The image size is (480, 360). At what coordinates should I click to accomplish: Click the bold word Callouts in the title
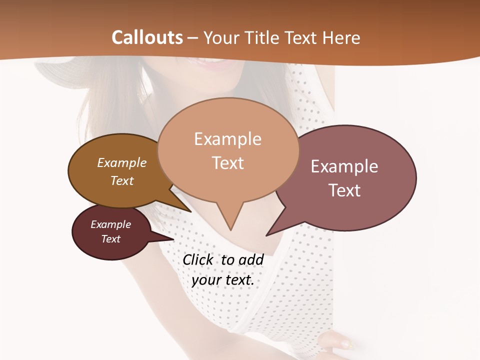pyautogui.click(x=147, y=37)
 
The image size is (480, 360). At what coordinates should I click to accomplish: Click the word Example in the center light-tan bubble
pyautogui.click(x=227, y=139)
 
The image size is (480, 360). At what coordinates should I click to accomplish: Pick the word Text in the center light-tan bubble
pyautogui.click(x=227, y=162)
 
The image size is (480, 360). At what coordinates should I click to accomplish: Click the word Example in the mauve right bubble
pyautogui.click(x=344, y=166)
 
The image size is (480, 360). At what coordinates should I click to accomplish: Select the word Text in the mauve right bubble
pyautogui.click(x=344, y=190)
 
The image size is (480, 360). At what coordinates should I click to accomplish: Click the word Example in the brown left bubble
pyautogui.click(x=121, y=162)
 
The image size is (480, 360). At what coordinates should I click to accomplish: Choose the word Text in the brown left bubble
pyautogui.click(x=121, y=180)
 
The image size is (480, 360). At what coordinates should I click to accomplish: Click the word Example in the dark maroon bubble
pyautogui.click(x=110, y=224)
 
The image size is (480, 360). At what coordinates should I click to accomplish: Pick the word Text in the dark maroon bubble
pyautogui.click(x=110, y=239)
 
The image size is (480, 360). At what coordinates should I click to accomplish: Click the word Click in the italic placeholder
pyautogui.click(x=199, y=259)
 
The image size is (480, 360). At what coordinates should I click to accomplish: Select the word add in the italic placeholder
pyautogui.click(x=250, y=259)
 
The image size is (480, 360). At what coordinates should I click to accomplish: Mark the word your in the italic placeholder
pyautogui.click(x=206, y=280)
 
